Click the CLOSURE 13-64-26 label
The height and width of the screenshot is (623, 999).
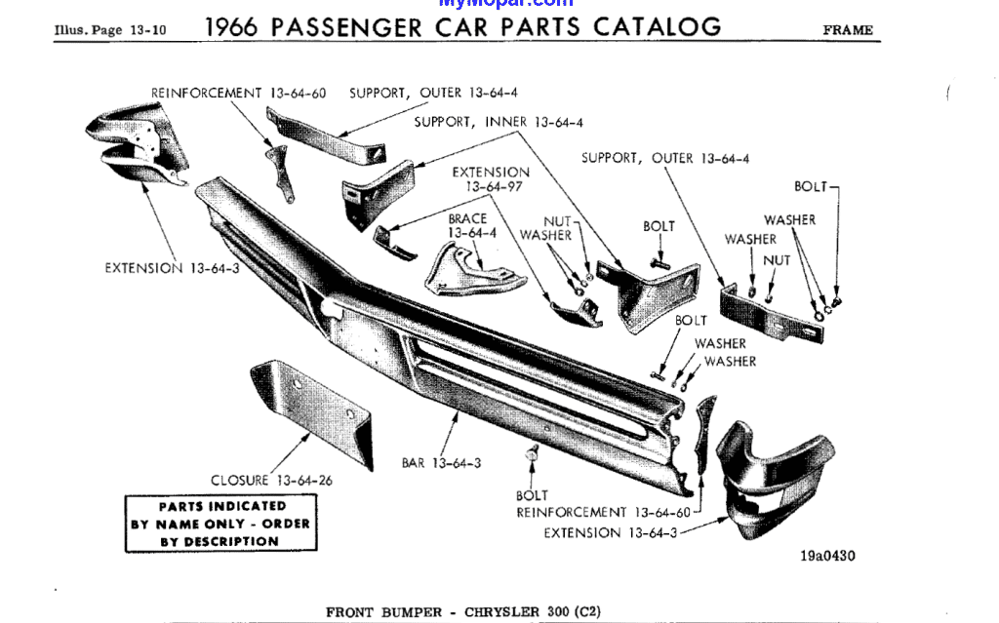[271, 480]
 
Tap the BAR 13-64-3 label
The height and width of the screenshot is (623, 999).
[441, 463]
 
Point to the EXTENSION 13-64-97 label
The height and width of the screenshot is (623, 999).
[491, 179]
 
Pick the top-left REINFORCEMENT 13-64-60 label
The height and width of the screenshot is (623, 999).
[238, 94]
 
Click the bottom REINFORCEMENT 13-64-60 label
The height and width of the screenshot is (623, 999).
[603, 512]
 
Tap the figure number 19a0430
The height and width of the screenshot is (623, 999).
[827, 557]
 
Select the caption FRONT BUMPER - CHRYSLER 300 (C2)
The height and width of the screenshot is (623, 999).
[463, 612]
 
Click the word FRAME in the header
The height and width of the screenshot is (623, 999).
[848, 30]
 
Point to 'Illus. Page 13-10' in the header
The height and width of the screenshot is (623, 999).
[110, 30]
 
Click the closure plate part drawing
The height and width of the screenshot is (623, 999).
[310, 414]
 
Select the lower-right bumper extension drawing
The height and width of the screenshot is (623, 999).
[771, 478]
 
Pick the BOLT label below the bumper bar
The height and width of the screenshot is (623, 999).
[532, 495]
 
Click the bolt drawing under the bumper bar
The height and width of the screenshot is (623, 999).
[533, 455]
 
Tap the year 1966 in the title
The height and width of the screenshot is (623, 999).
[232, 27]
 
